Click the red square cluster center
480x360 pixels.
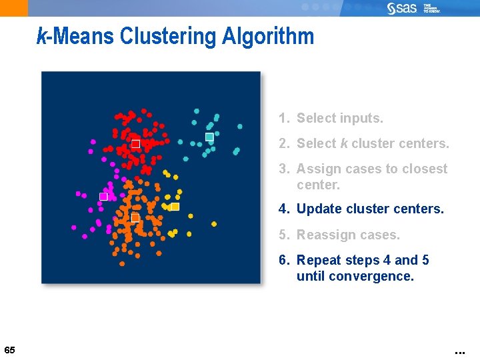(x=135, y=144)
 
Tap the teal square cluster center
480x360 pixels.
(x=209, y=137)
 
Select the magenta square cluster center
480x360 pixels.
(x=103, y=197)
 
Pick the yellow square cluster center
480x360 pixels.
(x=175, y=207)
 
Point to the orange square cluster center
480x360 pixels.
(x=135, y=218)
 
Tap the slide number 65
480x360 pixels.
(x=9, y=350)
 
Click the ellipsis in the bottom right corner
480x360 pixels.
(x=459, y=351)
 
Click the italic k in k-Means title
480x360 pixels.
(x=41, y=36)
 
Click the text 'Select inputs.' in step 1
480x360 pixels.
(x=339, y=118)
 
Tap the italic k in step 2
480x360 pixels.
(x=344, y=143)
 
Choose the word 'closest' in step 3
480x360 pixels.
(x=422, y=169)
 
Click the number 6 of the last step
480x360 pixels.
(x=283, y=260)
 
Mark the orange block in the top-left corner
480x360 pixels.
(x=14, y=8)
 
